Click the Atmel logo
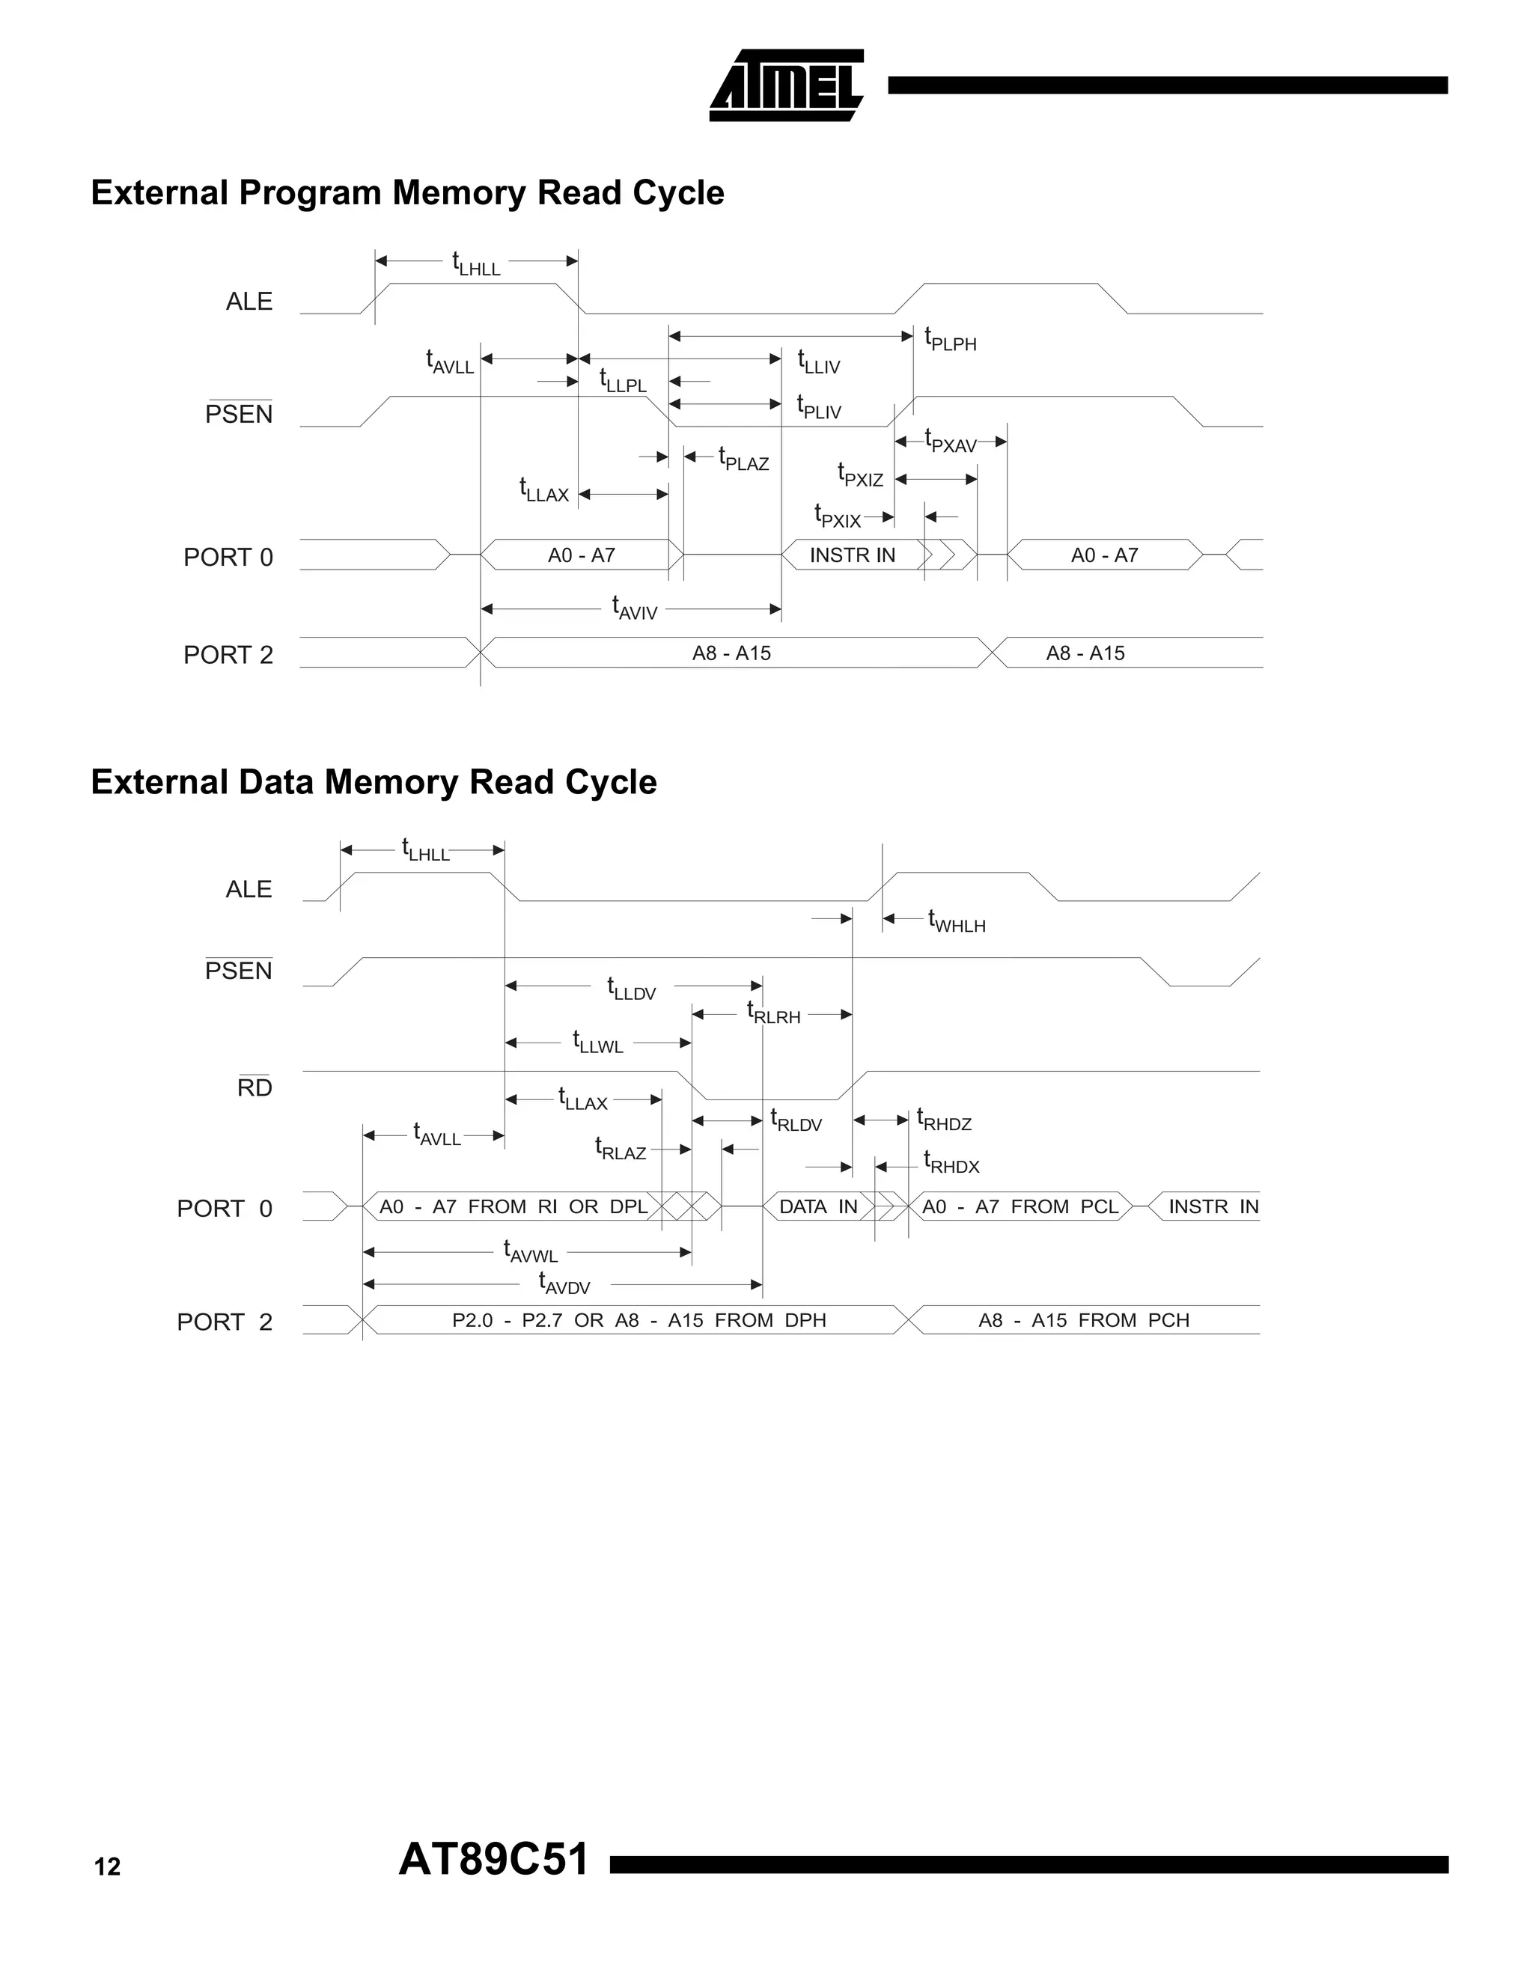pyautogui.click(x=785, y=85)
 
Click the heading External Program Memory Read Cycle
pyautogui.click(x=408, y=193)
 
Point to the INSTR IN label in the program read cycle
pyautogui.click(x=852, y=555)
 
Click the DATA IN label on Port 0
pyautogui.click(x=818, y=1206)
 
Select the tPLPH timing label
pyautogui.click(x=950, y=341)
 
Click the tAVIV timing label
pyautogui.click(x=634, y=608)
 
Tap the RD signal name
pyautogui.click(x=255, y=1087)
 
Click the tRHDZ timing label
pyautogui.click(x=943, y=1120)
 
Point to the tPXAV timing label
pyautogui.click(x=950, y=442)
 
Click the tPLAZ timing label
pyautogui.click(x=743, y=460)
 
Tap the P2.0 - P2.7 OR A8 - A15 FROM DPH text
pyautogui.click(x=639, y=1320)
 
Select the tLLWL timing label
pyautogui.click(x=598, y=1043)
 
